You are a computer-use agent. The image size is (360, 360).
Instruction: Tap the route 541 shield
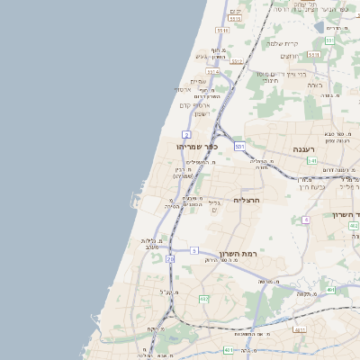tap(311, 161)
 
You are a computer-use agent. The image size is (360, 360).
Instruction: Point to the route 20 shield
tap(170, 258)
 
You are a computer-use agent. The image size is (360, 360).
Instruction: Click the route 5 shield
tap(193, 250)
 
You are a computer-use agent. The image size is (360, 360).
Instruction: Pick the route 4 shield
tap(306, 220)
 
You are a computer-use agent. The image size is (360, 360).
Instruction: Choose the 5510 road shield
tap(222, 31)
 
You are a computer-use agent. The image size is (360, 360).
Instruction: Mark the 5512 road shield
tap(237, 61)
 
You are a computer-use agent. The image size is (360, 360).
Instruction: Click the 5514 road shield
tap(212, 72)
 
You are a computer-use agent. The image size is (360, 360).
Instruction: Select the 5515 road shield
tap(236, 18)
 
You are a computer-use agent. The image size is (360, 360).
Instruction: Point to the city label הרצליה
tap(246, 200)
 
